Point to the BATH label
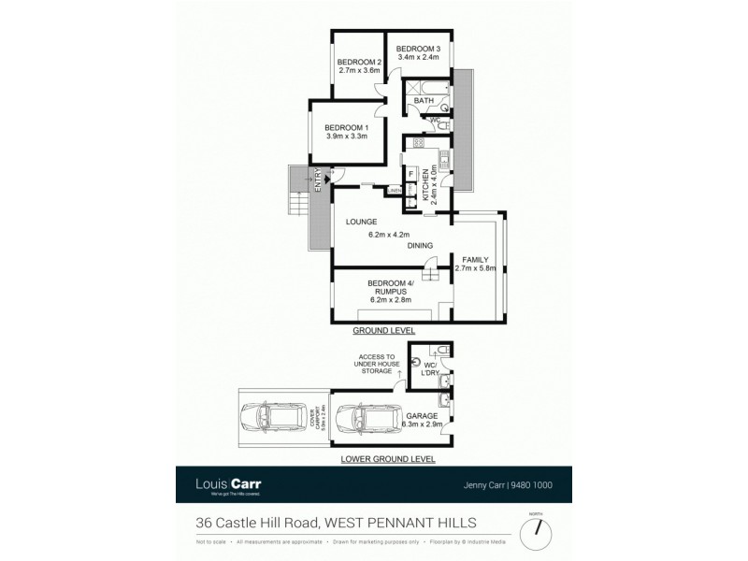click(424, 100)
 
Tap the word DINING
click(421, 246)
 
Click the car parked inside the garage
click(367, 421)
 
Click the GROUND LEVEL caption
click(383, 331)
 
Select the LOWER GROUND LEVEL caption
click(388, 459)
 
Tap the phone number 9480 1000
click(533, 485)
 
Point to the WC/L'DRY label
click(431, 367)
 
